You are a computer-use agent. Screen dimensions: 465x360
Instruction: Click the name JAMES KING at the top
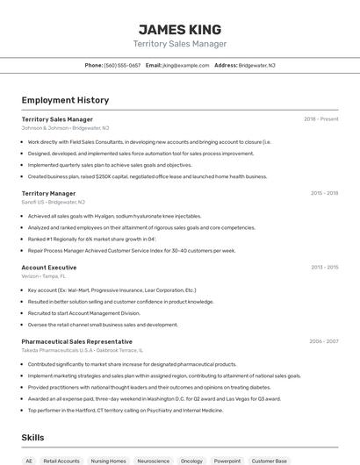pyautogui.click(x=180, y=29)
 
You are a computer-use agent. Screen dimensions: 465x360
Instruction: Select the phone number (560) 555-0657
pyautogui.click(x=122, y=65)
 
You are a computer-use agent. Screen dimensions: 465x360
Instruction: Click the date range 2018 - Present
pyautogui.click(x=321, y=119)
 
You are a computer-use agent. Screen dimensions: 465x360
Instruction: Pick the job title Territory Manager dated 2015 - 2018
pyautogui.click(x=48, y=193)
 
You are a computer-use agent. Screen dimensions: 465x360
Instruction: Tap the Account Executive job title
pyautogui.click(x=48, y=267)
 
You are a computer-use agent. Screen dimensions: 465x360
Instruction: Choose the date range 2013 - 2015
pyautogui.click(x=324, y=267)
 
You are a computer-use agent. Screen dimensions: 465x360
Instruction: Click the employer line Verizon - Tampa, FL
pyautogui.click(x=44, y=275)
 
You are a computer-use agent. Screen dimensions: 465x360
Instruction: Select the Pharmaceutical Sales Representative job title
pyautogui.click(x=76, y=341)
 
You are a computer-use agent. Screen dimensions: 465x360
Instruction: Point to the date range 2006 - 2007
pyautogui.click(x=324, y=341)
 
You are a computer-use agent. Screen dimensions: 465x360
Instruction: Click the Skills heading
pyautogui.click(x=33, y=437)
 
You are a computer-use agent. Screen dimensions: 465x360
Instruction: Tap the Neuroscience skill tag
pyautogui.click(x=153, y=461)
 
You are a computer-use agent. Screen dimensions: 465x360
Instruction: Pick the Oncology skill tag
pyautogui.click(x=191, y=461)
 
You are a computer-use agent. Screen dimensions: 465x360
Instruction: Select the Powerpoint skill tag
pyautogui.click(x=227, y=461)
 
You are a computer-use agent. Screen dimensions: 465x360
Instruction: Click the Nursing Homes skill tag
pyautogui.click(x=109, y=461)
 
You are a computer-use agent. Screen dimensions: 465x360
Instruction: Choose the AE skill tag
pyautogui.click(x=29, y=461)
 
